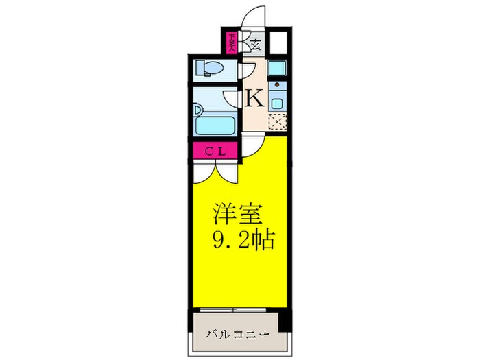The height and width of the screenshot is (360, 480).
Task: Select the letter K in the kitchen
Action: [x=254, y=98]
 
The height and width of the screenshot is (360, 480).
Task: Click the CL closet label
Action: [x=215, y=150]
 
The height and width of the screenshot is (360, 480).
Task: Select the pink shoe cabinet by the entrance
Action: [x=232, y=43]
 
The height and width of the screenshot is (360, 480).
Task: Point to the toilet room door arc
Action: [x=246, y=71]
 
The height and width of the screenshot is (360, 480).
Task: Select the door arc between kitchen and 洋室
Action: [x=252, y=143]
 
